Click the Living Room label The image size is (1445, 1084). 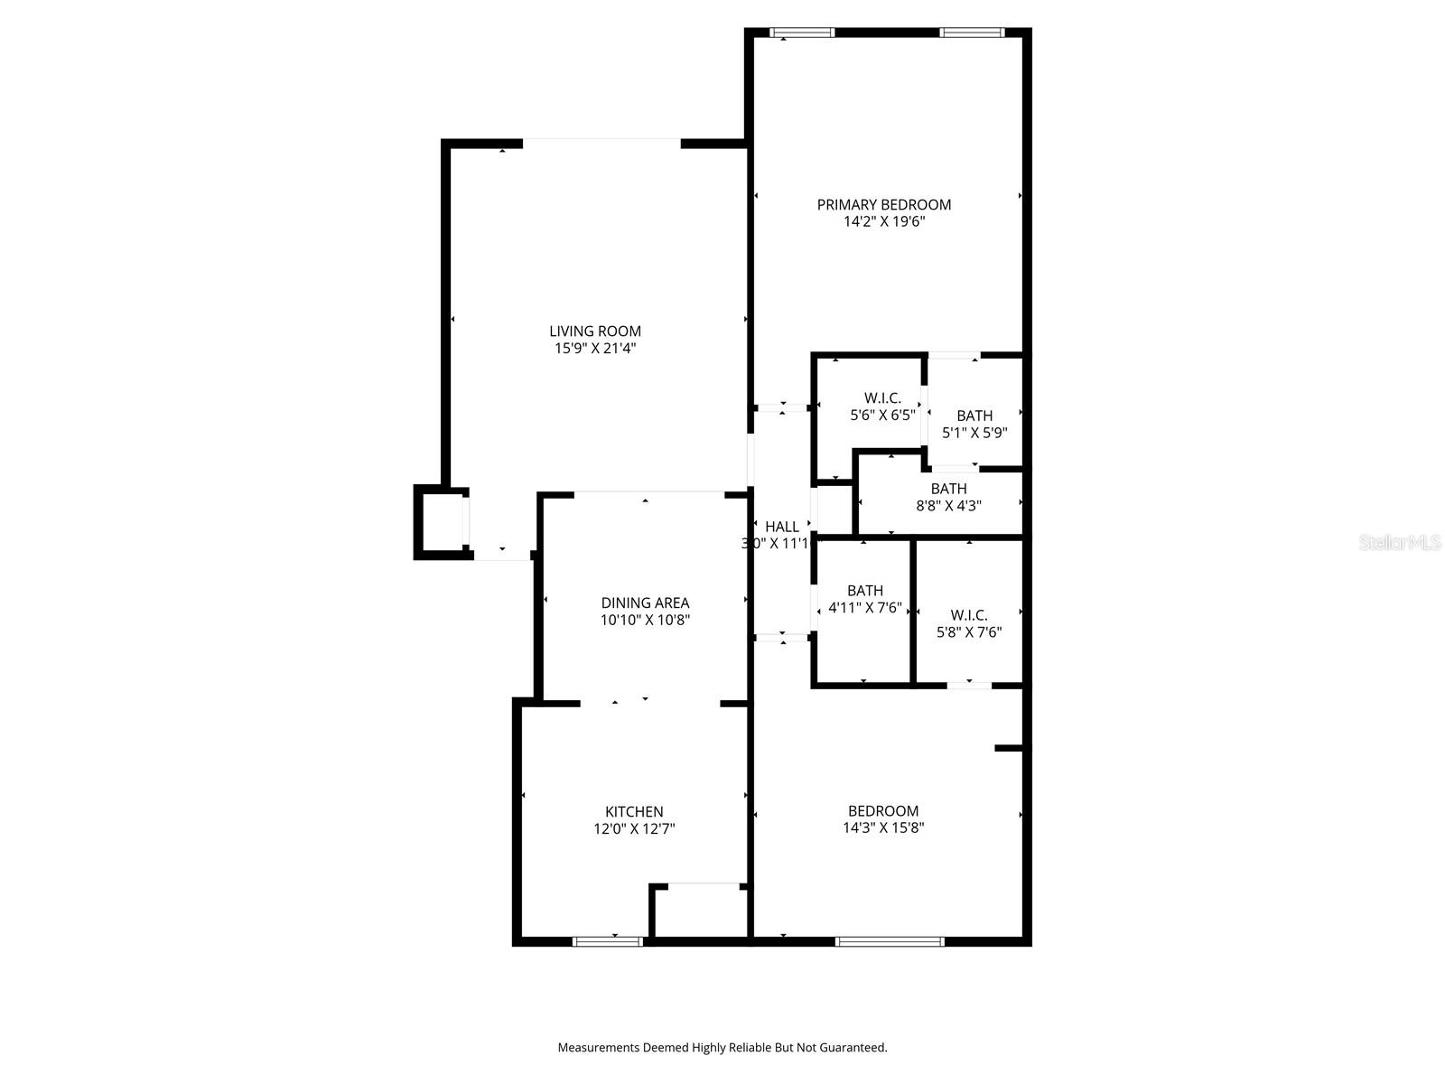pyautogui.click(x=595, y=332)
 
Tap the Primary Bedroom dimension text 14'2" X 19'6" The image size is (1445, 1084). pyautogui.click(x=884, y=221)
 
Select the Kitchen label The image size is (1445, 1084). pyautogui.click(x=634, y=812)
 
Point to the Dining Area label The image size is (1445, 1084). pyautogui.click(x=645, y=603)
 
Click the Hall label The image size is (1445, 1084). pyautogui.click(x=782, y=527)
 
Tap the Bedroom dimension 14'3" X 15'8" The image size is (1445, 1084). pyautogui.click(x=883, y=827)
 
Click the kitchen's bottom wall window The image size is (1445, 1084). pyautogui.click(x=608, y=941)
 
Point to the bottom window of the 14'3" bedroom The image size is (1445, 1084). pyautogui.click(x=890, y=941)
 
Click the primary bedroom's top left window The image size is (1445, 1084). pyautogui.click(x=802, y=33)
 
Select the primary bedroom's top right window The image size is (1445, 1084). pyautogui.click(x=972, y=33)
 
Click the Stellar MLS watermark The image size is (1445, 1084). pyautogui.click(x=1400, y=543)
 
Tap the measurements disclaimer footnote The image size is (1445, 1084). pyautogui.click(x=722, y=1048)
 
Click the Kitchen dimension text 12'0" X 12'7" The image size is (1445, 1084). pyautogui.click(x=634, y=828)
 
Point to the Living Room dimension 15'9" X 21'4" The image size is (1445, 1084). pyautogui.click(x=595, y=348)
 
